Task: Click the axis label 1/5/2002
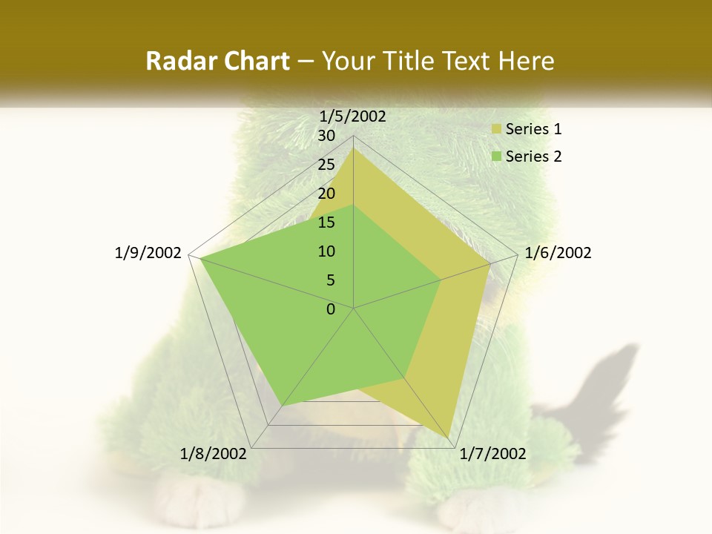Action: (352, 116)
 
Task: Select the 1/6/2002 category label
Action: (558, 253)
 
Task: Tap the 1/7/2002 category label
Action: (492, 454)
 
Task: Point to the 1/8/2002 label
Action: (214, 454)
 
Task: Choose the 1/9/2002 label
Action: (148, 253)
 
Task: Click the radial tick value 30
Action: (326, 136)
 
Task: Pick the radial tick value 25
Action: (326, 165)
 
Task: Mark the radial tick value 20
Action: (326, 194)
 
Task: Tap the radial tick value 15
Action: (326, 222)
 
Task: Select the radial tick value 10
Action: (326, 251)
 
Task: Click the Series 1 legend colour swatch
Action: (496, 130)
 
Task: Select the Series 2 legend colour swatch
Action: (496, 156)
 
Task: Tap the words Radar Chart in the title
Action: (217, 62)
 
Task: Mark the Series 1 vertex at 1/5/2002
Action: (353, 148)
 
